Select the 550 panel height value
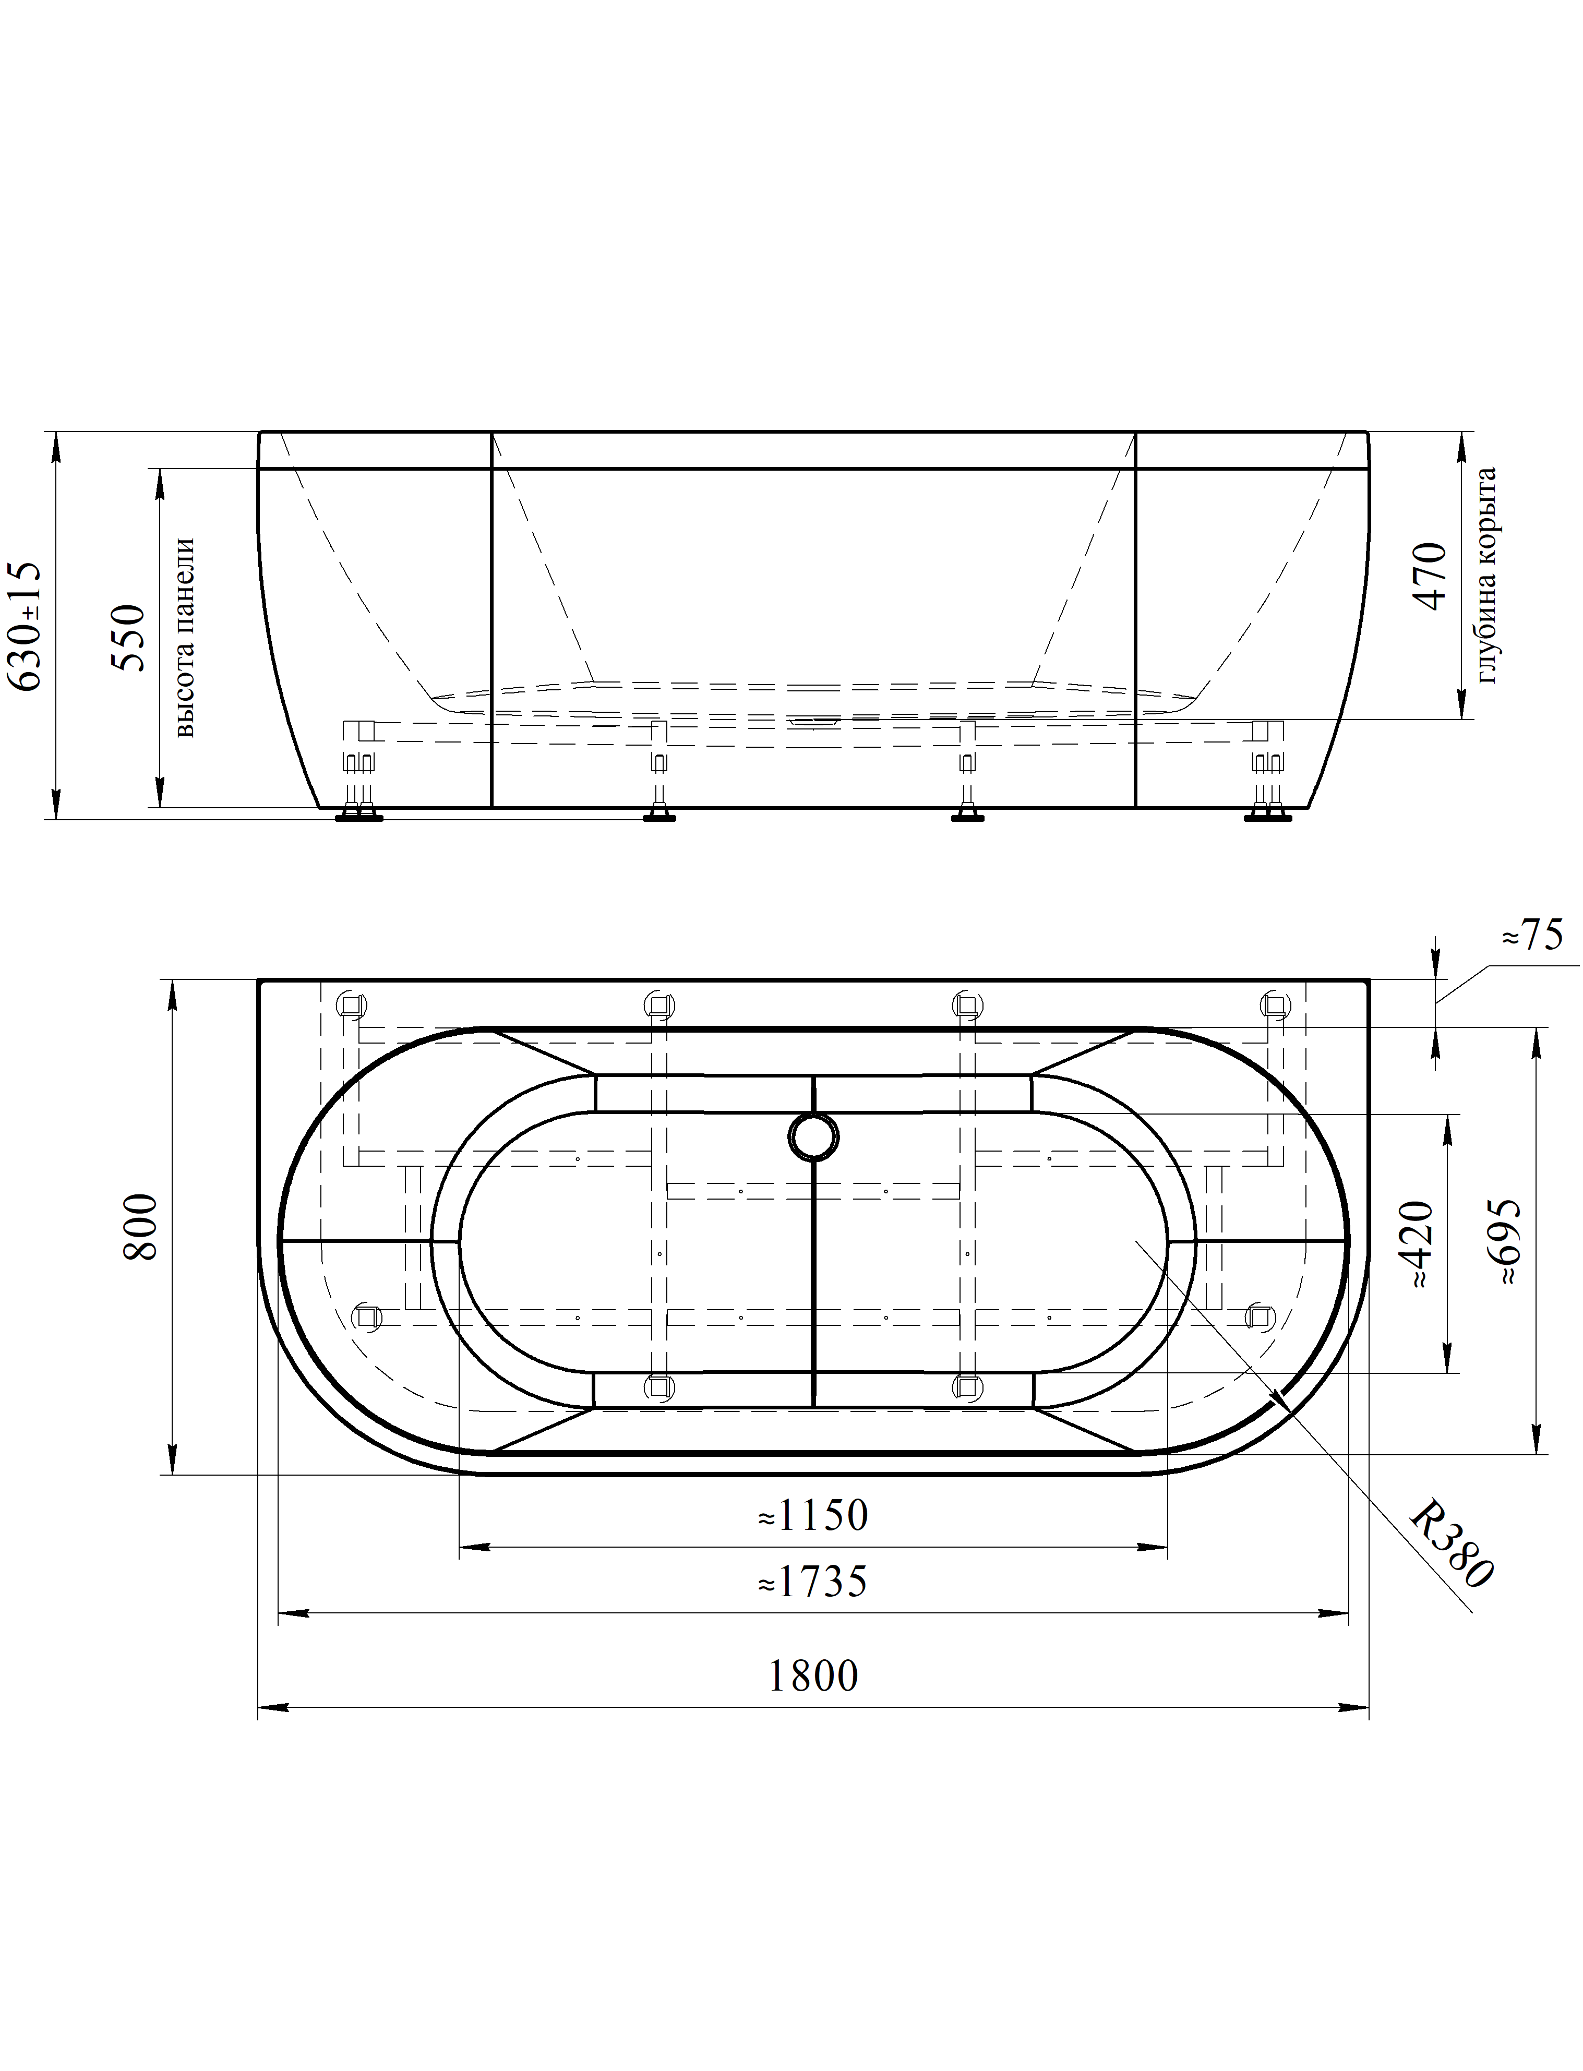click(129, 638)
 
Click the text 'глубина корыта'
click(1487, 574)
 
